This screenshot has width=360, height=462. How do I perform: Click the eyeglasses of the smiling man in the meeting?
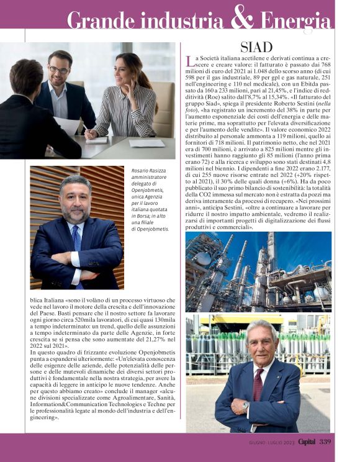pyautogui.click(x=60, y=70)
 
